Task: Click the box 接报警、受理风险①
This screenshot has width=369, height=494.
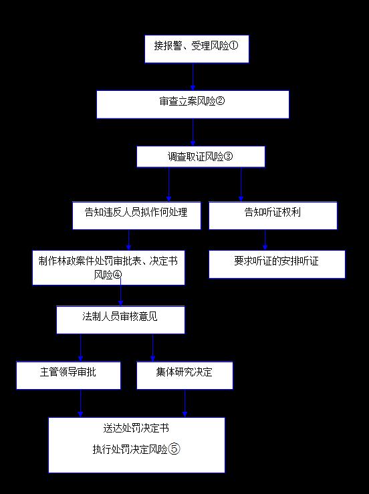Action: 197,49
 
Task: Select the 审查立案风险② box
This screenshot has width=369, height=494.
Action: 193,104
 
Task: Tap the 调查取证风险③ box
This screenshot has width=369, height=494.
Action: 201,156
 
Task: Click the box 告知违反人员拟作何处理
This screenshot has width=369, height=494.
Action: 136,215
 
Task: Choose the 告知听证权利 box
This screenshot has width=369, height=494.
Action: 273,215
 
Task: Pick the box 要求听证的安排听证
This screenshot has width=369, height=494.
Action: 277,264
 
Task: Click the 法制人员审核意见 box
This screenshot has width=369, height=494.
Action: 120,320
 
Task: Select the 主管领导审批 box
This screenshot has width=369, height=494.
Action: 68,375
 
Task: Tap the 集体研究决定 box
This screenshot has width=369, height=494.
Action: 184,375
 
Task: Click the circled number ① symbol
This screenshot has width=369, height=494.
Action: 233,45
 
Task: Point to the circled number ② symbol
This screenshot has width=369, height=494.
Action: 220,101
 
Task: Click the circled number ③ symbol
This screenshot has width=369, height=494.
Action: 228,156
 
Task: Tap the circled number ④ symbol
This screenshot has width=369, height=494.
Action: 117,275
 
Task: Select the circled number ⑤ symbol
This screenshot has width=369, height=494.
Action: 174,449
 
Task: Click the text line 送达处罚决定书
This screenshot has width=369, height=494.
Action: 136,428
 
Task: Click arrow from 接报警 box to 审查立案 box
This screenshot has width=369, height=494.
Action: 193,77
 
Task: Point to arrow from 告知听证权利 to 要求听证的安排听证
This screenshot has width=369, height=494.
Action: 265,240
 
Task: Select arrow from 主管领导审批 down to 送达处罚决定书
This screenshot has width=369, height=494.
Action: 81,404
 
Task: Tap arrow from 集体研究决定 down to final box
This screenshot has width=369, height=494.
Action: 185,404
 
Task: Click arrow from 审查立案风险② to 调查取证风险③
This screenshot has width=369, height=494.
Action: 193,132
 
